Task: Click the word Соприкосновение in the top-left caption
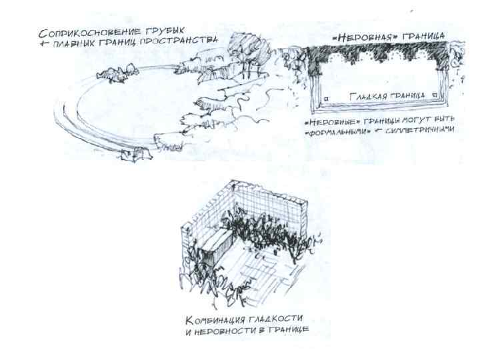point(79,33)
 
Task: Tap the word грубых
point(161,31)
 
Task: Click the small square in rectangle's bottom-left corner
point(326,100)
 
